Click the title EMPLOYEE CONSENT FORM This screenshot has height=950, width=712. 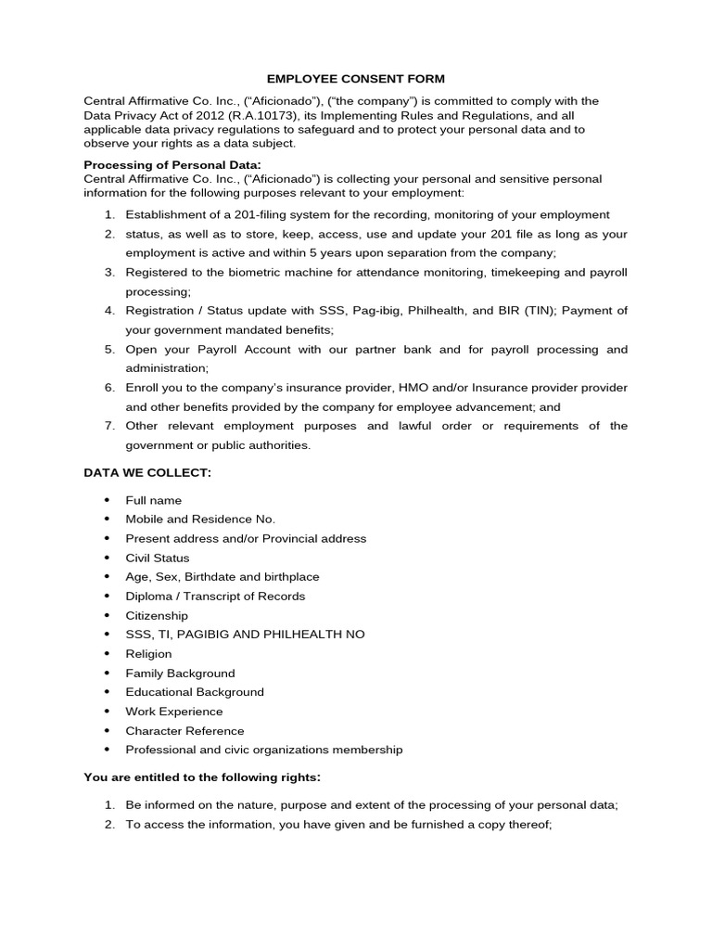pyautogui.click(x=357, y=80)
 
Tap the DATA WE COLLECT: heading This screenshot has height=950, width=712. pyautogui.click(x=147, y=473)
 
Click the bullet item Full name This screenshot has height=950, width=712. pyautogui.click(x=154, y=500)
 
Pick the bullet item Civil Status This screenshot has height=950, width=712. pyautogui.click(x=158, y=558)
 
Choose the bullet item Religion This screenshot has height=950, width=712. pyautogui.click(x=149, y=654)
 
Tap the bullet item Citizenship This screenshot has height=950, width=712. pyautogui.click(x=157, y=615)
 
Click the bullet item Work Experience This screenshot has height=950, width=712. pyautogui.click(x=174, y=712)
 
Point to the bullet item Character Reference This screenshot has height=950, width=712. pyautogui.click(x=185, y=731)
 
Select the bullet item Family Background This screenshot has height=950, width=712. pyautogui.click(x=180, y=674)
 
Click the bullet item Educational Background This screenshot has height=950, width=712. pyautogui.click(x=195, y=692)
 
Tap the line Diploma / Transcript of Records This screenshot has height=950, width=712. pyautogui.click(x=215, y=596)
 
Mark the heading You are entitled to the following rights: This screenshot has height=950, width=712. pyautogui.click(x=202, y=777)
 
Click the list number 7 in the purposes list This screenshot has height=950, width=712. pyautogui.click(x=108, y=426)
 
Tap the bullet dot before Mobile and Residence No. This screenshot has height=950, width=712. pyautogui.click(x=108, y=520)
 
